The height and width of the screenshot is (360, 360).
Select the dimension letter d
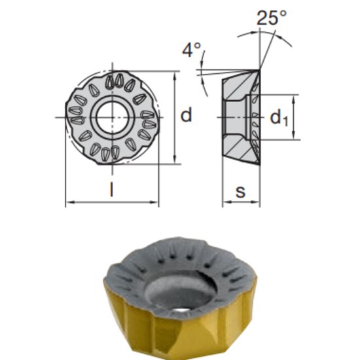[187, 115]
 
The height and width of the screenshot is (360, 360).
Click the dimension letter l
[112, 191]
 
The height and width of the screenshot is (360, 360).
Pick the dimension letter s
[241, 192]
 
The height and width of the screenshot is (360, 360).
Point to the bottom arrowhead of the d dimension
[175, 160]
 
